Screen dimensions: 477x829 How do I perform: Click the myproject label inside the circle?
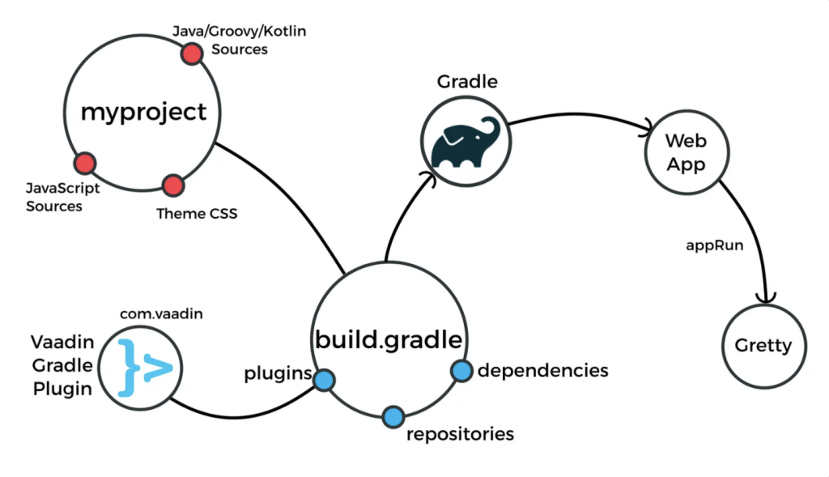(143, 112)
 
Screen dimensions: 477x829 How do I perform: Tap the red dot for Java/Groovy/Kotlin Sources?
(191, 54)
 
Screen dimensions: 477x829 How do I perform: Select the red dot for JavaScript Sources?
(85, 164)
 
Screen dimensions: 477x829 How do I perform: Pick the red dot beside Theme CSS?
(172, 186)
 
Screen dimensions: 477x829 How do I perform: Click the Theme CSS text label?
(197, 215)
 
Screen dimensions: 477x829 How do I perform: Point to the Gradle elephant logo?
(464, 143)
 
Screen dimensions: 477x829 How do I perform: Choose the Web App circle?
(686, 152)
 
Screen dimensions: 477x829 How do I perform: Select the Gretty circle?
(763, 346)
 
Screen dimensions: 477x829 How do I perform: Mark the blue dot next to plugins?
(324, 380)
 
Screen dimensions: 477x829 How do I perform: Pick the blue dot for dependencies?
(461, 371)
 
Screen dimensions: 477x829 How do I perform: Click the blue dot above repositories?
(394, 416)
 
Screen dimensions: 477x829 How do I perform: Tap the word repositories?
(460, 434)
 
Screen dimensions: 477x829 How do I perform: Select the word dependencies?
(542, 371)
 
